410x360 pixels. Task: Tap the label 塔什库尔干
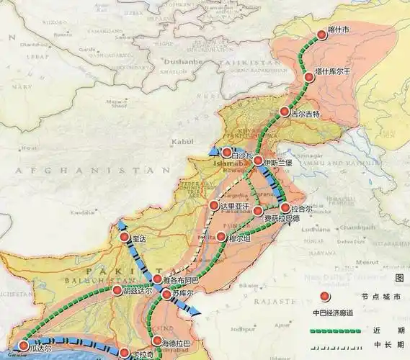(x=333, y=73)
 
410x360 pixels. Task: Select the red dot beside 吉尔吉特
(x=285, y=112)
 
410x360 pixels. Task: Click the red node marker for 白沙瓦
(x=226, y=153)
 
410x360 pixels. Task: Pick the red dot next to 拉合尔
(x=285, y=208)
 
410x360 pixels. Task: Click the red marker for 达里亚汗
(x=214, y=206)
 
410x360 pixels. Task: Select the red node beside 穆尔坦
(x=221, y=236)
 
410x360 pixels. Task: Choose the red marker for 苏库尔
(x=166, y=294)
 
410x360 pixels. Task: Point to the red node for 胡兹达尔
(x=117, y=290)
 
